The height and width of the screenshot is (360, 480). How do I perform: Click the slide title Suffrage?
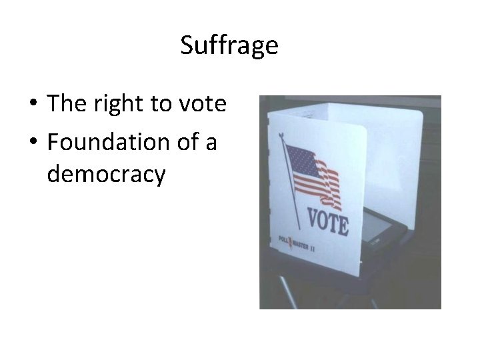(x=229, y=45)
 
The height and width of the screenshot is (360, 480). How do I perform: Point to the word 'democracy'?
(x=106, y=175)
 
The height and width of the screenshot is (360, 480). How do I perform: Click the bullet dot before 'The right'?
(x=32, y=105)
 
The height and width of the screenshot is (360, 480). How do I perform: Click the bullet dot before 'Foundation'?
(x=32, y=143)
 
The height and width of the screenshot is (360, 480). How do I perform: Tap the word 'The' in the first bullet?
(x=63, y=104)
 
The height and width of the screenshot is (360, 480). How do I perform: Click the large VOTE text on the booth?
(x=327, y=222)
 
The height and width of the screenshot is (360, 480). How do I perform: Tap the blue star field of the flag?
(x=300, y=160)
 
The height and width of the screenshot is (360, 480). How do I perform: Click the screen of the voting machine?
(x=377, y=233)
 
